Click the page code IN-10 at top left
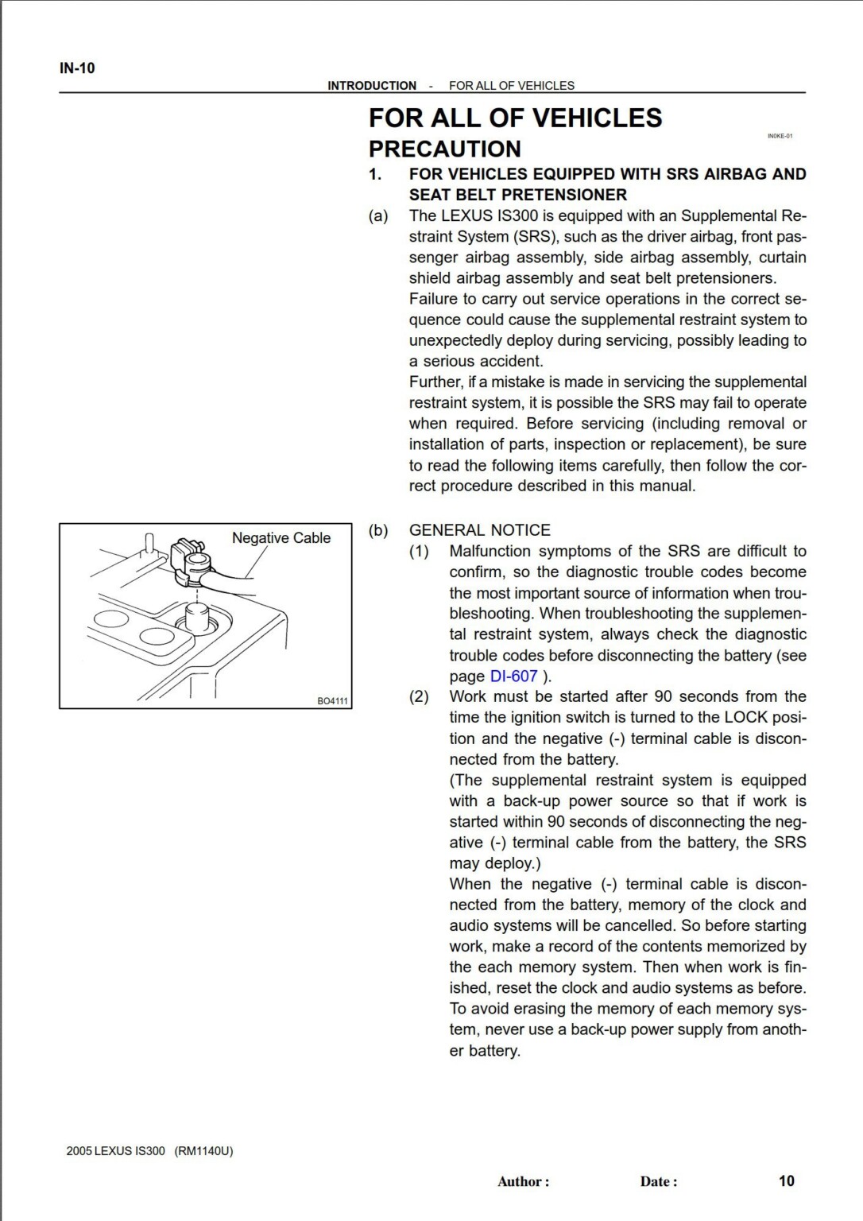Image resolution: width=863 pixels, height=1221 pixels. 77,68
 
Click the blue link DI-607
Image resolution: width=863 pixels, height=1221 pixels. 513,676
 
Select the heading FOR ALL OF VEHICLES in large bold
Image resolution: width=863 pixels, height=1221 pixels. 515,118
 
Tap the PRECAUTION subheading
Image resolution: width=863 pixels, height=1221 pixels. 444,149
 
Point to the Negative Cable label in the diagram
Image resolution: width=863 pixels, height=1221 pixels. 281,538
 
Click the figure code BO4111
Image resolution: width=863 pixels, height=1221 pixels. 333,701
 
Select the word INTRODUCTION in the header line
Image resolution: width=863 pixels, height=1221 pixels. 372,86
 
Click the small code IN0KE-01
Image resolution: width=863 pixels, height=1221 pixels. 780,136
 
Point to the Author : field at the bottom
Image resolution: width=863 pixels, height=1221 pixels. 523,1181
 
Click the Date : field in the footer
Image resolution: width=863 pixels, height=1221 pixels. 659,1181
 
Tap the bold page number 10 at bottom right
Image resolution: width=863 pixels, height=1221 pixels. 786,1180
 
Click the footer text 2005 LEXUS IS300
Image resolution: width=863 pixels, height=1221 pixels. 116,1151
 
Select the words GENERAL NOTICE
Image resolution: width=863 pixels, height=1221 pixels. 479,530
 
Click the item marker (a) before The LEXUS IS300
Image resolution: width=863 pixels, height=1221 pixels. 378,216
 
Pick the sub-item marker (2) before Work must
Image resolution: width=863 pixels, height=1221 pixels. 419,697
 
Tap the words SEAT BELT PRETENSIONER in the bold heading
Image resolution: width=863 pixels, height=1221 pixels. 517,195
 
